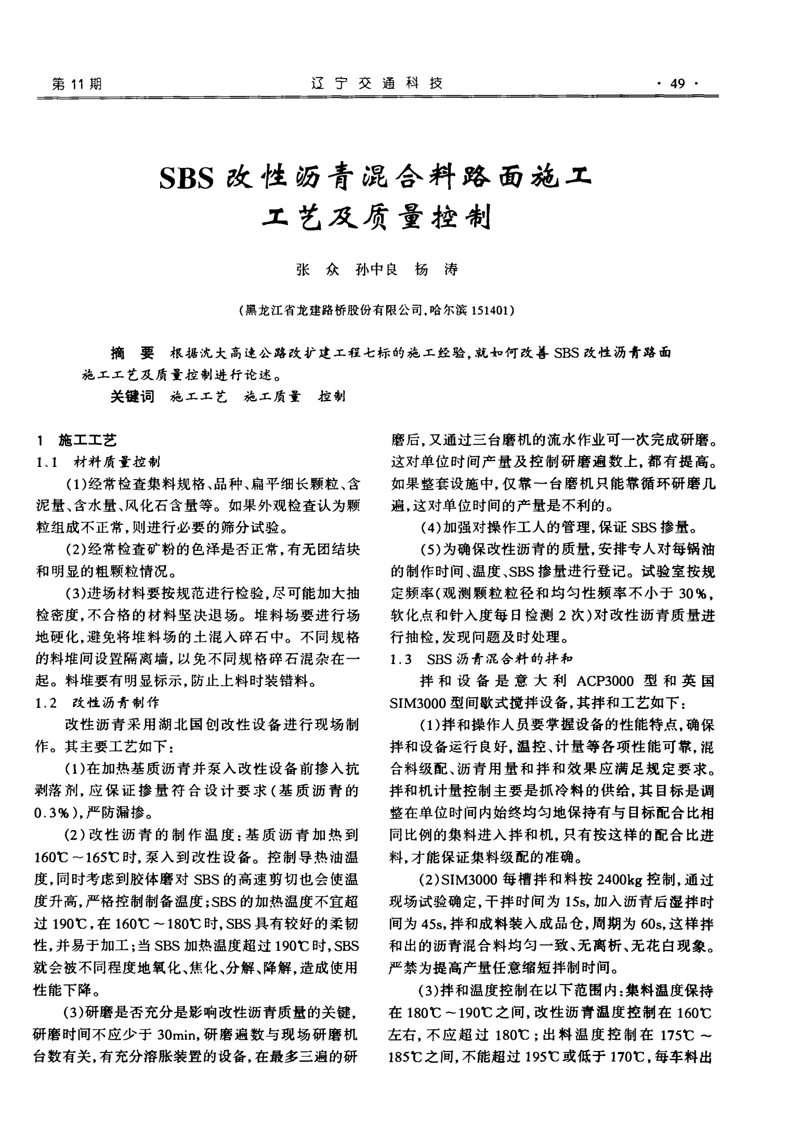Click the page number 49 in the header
click(x=676, y=83)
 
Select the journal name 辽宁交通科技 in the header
click(x=377, y=83)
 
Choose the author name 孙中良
click(x=377, y=270)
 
